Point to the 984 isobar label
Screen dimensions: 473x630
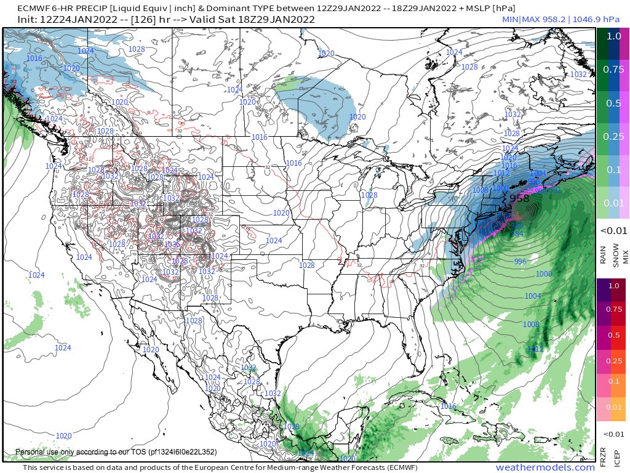tap(518, 233)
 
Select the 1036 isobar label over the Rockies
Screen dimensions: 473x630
tap(172, 245)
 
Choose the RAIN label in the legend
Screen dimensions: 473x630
tap(603, 254)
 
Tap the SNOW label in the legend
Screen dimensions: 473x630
tap(615, 254)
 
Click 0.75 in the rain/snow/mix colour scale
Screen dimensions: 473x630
tap(613, 70)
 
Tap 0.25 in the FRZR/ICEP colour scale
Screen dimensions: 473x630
tap(613, 360)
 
